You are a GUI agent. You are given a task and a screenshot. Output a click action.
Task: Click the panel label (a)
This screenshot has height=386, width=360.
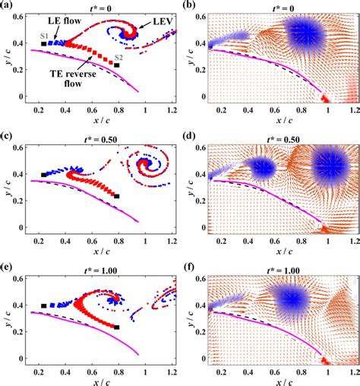coord(7,5)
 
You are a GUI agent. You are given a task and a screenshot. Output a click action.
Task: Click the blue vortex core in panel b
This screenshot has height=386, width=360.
coord(305,32)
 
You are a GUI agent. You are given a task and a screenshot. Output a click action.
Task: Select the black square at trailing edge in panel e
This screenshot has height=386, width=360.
coord(118,327)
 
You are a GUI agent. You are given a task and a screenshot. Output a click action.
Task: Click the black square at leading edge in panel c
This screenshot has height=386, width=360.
coord(44,174)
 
